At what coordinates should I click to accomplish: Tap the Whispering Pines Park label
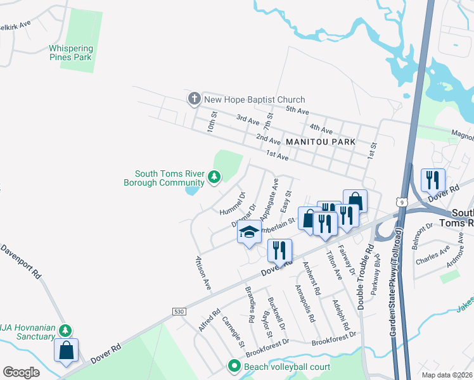click(x=71, y=53)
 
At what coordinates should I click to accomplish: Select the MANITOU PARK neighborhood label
click(x=320, y=142)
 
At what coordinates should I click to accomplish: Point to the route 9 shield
click(x=403, y=201)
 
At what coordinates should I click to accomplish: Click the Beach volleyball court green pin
click(x=234, y=366)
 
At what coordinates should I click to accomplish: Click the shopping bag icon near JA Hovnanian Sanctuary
click(x=67, y=351)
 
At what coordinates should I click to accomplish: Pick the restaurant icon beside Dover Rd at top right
click(x=433, y=180)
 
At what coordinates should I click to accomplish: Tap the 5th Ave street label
click(x=296, y=110)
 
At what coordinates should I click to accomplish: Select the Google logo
click(x=21, y=372)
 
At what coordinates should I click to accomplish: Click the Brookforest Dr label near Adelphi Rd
click(x=331, y=343)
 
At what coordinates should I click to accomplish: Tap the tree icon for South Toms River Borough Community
click(x=215, y=177)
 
